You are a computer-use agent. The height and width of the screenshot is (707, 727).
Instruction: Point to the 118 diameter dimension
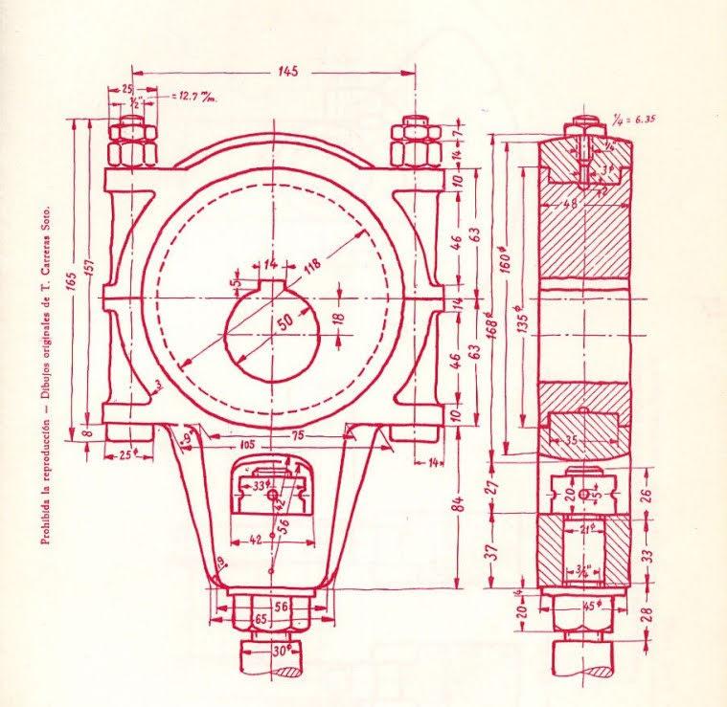tap(310, 270)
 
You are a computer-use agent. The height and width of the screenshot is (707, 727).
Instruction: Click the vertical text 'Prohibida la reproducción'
tap(46, 450)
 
